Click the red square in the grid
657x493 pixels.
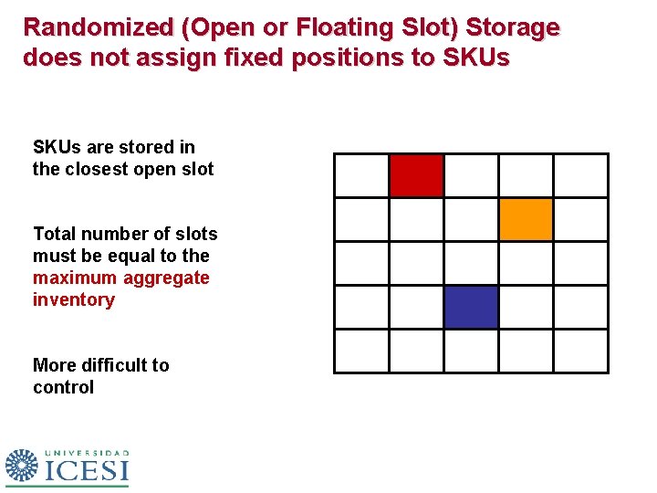(x=416, y=175)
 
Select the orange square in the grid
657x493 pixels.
(x=526, y=219)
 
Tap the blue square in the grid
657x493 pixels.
(x=471, y=307)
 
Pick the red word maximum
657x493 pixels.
(x=75, y=278)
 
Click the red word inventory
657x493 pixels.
(x=73, y=299)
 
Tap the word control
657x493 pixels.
(x=63, y=387)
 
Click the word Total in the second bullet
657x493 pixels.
(x=54, y=234)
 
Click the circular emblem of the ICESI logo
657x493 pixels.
(x=22, y=465)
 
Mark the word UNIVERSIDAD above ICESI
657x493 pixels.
(x=87, y=452)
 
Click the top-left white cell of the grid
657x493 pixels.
(x=361, y=175)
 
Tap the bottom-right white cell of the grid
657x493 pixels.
(x=580, y=351)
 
